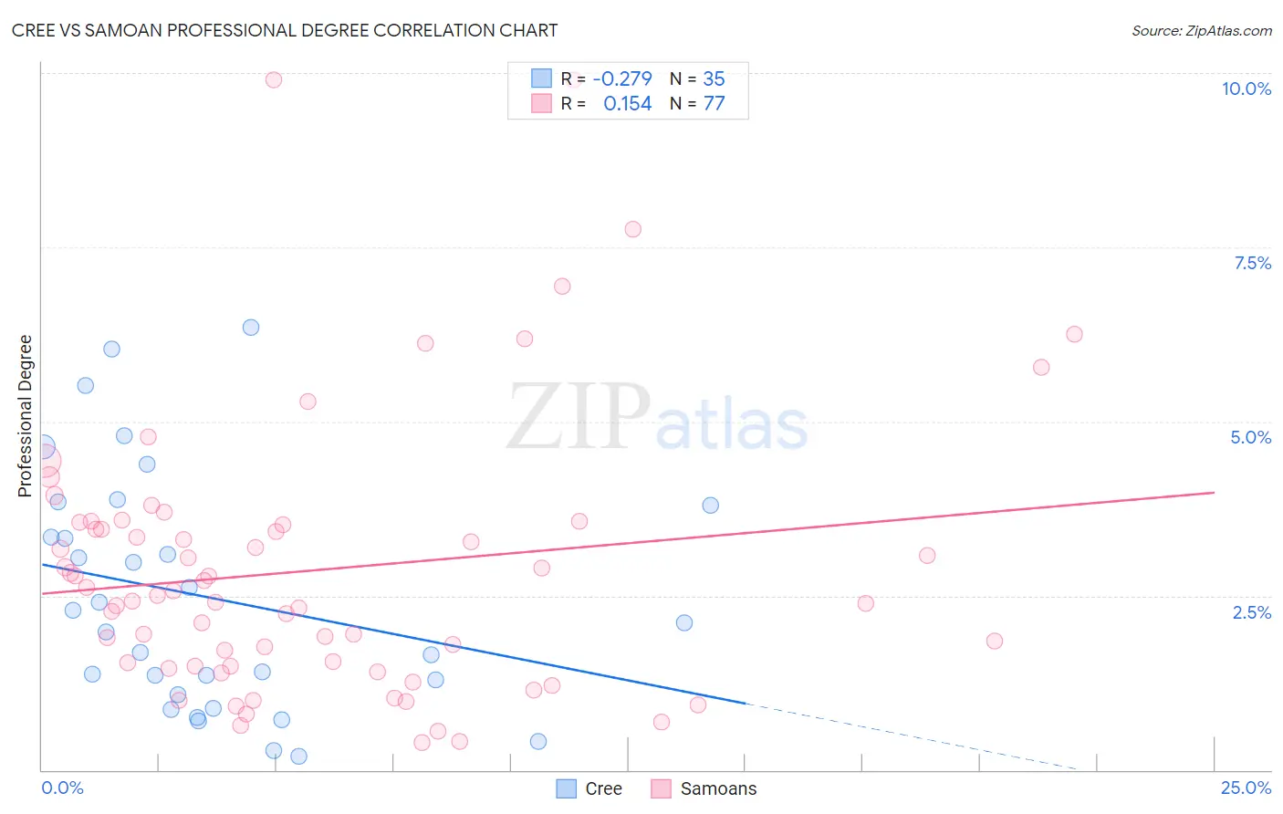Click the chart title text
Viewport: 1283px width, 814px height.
coord(285,30)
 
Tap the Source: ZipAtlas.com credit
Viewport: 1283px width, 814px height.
coord(1201,30)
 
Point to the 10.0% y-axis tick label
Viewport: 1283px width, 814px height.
coord(1246,89)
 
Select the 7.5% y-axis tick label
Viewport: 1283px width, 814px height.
coord(1252,263)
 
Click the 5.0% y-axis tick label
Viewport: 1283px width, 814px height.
coord(1250,437)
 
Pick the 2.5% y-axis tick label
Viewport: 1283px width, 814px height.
coord(1251,612)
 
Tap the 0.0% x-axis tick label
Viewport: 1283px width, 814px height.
coord(62,788)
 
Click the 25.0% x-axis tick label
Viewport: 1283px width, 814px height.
coord(1246,788)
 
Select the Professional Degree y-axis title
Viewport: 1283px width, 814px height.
coord(26,415)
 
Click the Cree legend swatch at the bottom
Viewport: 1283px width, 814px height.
coord(567,788)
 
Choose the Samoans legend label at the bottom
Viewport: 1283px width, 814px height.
coord(718,788)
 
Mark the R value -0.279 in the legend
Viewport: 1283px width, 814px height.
coord(622,79)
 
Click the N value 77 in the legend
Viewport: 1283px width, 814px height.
coord(714,104)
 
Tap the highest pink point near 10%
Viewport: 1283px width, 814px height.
coord(274,79)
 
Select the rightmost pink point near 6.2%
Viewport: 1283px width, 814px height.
coord(1074,334)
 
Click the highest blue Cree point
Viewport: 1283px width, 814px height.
coord(251,327)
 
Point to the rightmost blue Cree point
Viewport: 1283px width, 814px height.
coord(710,505)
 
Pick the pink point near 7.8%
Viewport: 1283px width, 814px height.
coord(633,229)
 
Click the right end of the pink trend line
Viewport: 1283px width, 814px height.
coord(1214,492)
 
